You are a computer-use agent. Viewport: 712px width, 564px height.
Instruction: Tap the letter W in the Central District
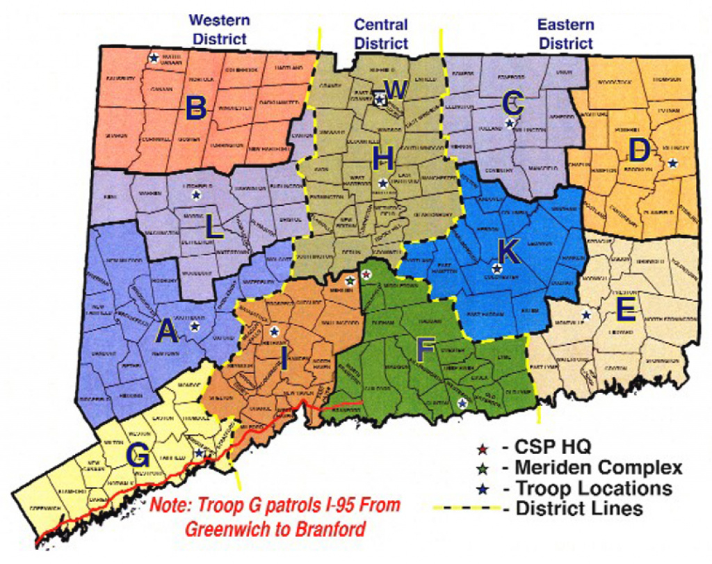click(396, 90)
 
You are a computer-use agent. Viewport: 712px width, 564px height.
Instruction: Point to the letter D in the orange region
click(640, 150)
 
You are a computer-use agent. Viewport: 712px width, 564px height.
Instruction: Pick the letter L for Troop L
click(214, 228)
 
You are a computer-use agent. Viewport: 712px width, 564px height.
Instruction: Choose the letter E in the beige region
click(625, 310)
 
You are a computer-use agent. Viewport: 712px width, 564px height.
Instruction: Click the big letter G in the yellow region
click(138, 456)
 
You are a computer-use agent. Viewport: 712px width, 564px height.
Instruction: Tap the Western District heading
click(219, 30)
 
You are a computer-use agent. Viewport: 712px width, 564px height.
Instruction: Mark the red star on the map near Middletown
click(366, 275)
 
